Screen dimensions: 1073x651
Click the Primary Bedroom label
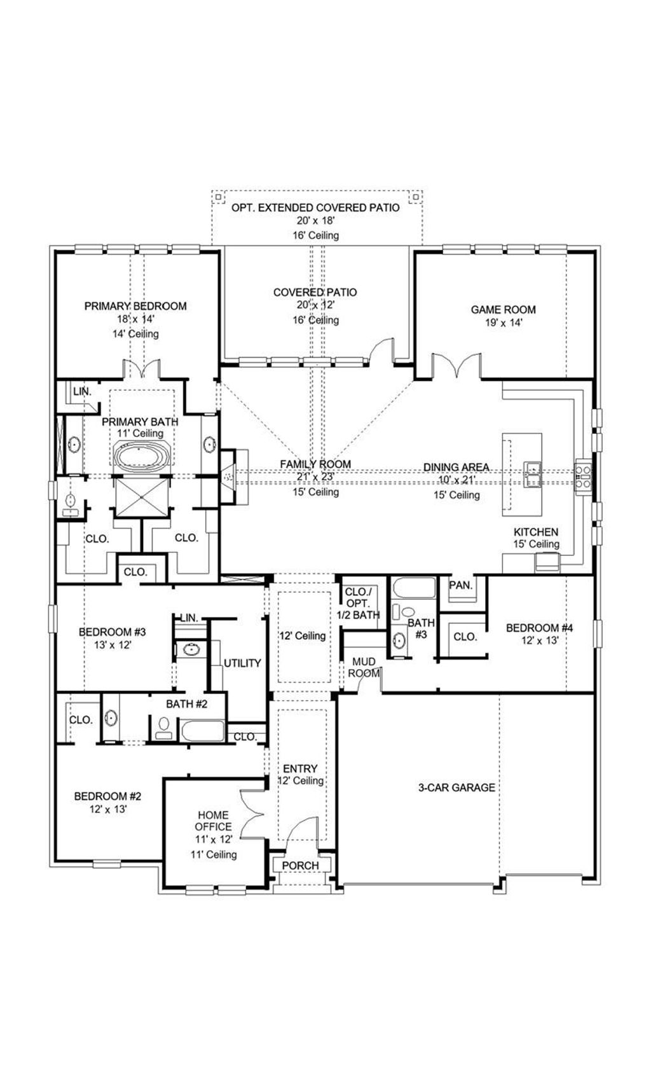[135, 306]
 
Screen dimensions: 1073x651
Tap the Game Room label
[503, 310]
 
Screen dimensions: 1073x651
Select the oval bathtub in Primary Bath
[142, 456]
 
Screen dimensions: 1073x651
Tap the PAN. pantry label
[461, 585]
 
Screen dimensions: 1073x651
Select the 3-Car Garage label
[456, 787]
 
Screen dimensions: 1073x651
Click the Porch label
[300, 866]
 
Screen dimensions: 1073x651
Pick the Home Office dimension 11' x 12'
[214, 840]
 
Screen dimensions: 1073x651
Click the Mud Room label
[364, 667]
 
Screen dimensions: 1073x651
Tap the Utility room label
[242, 663]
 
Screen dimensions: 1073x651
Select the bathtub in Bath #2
[202, 730]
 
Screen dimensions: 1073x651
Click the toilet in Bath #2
[164, 726]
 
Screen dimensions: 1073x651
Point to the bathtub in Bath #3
[414, 588]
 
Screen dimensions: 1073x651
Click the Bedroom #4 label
[540, 628]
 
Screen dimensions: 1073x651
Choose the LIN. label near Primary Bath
[82, 391]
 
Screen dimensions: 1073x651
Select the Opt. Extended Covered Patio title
[315, 207]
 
